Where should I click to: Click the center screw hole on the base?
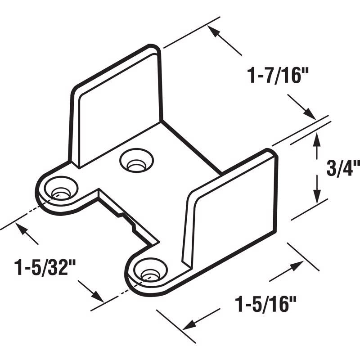pyautogui.click(x=136, y=161)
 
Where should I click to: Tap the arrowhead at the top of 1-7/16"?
pyautogui.click(x=215, y=33)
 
